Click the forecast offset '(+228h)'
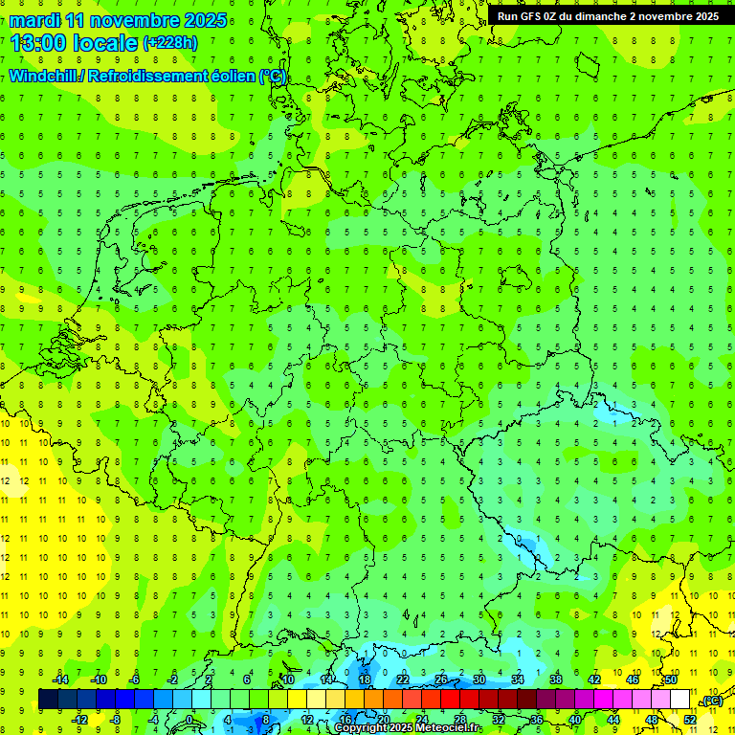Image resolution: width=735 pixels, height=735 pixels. click(169, 43)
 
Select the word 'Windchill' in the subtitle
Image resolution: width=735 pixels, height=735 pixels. click(45, 77)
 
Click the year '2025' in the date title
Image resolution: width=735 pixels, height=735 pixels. click(204, 20)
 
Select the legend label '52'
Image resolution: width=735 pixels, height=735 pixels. click(690, 720)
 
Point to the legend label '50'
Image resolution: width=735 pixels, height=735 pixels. click(671, 679)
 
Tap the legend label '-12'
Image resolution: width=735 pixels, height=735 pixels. click(79, 720)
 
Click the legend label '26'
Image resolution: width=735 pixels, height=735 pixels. click(441, 679)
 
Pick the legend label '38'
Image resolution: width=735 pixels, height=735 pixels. click(556, 679)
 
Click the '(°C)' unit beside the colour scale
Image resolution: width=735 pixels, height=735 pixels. click(711, 701)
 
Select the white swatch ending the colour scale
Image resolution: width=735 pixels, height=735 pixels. click(679, 700)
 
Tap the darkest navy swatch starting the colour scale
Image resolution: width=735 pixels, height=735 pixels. click(48, 700)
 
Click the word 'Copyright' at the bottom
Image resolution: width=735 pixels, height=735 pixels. click(361, 728)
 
